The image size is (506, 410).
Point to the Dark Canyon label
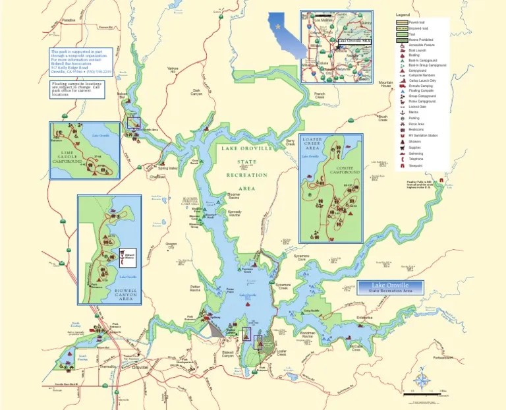click(x=197, y=92)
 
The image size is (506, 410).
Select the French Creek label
click(x=320, y=95)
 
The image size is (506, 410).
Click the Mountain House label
click(x=385, y=84)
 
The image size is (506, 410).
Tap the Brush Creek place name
click(x=383, y=118)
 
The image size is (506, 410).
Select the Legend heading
click(x=403, y=15)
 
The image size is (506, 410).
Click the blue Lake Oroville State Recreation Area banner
click(x=390, y=287)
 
